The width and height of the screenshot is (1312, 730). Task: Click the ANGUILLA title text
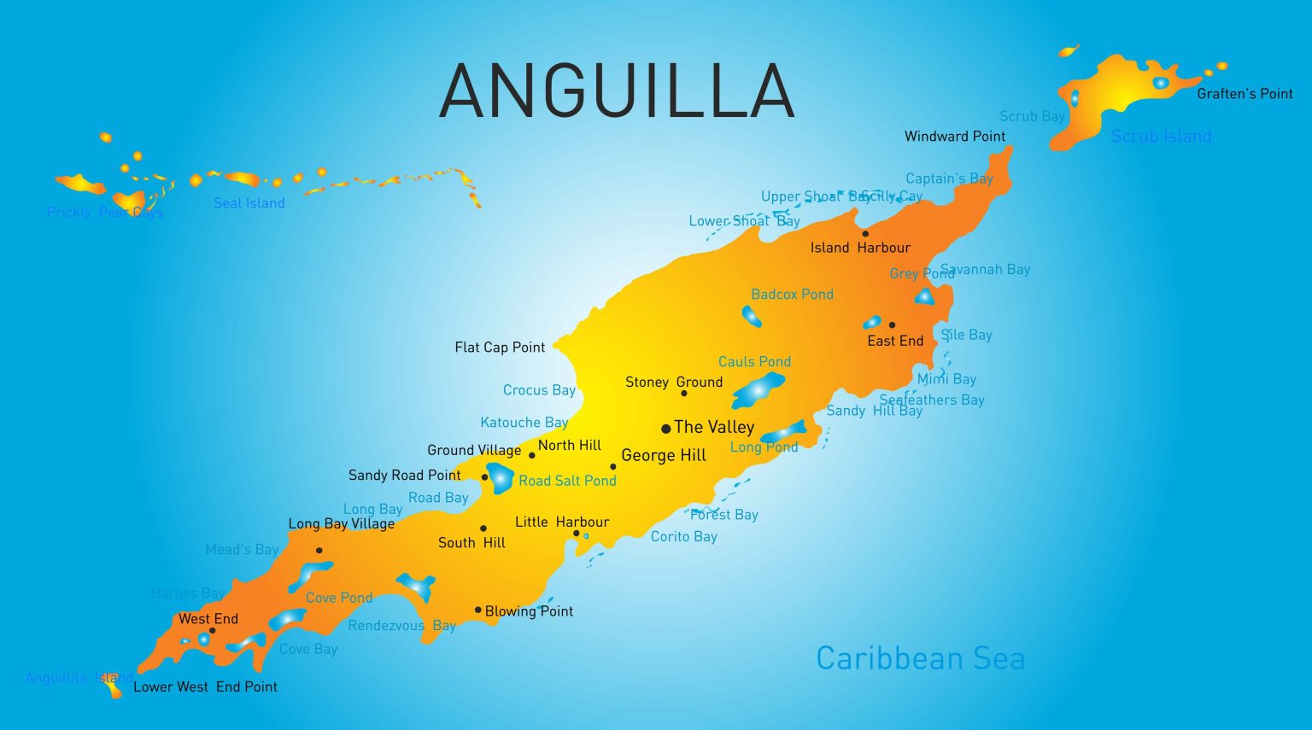pos(617,91)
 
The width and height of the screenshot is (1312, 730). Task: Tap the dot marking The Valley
pos(666,429)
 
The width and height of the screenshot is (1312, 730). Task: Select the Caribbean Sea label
pos(920,658)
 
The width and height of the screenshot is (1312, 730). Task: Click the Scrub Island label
pos(1161,136)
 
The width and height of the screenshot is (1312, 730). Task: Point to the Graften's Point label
pos(1245,94)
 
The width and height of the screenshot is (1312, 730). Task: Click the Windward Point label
pos(954,137)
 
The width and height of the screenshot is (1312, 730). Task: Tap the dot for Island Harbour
pos(865,233)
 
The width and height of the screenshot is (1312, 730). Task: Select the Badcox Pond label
pos(792,295)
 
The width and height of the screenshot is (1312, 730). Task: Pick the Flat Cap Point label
pos(500,347)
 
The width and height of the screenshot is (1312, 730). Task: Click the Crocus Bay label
pos(539,390)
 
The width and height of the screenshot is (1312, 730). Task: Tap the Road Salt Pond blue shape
pos(500,478)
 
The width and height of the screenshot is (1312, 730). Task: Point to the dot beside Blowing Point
pos(478,610)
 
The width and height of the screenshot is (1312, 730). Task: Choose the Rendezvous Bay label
pos(401,626)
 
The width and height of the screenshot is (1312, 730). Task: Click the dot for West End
pos(213,631)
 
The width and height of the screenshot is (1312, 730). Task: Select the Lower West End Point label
pos(205,686)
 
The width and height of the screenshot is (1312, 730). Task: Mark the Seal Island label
pos(249,203)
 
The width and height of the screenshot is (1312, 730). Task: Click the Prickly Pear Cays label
pos(104,213)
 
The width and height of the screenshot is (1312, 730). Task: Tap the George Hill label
pos(664,456)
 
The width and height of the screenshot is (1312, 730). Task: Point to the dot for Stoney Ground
pos(684,394)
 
